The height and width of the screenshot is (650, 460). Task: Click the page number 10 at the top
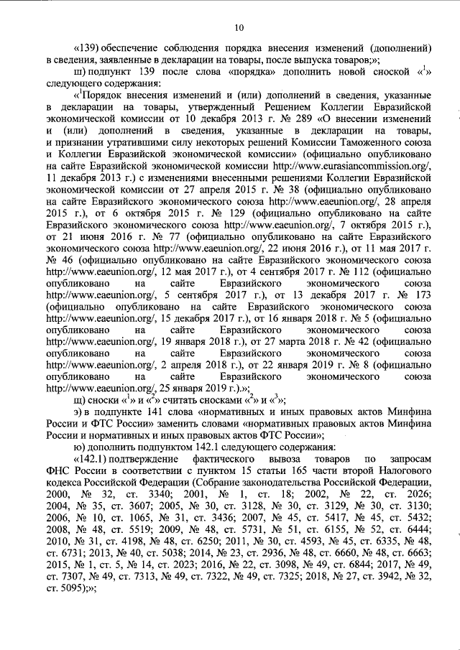[240, 27]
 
